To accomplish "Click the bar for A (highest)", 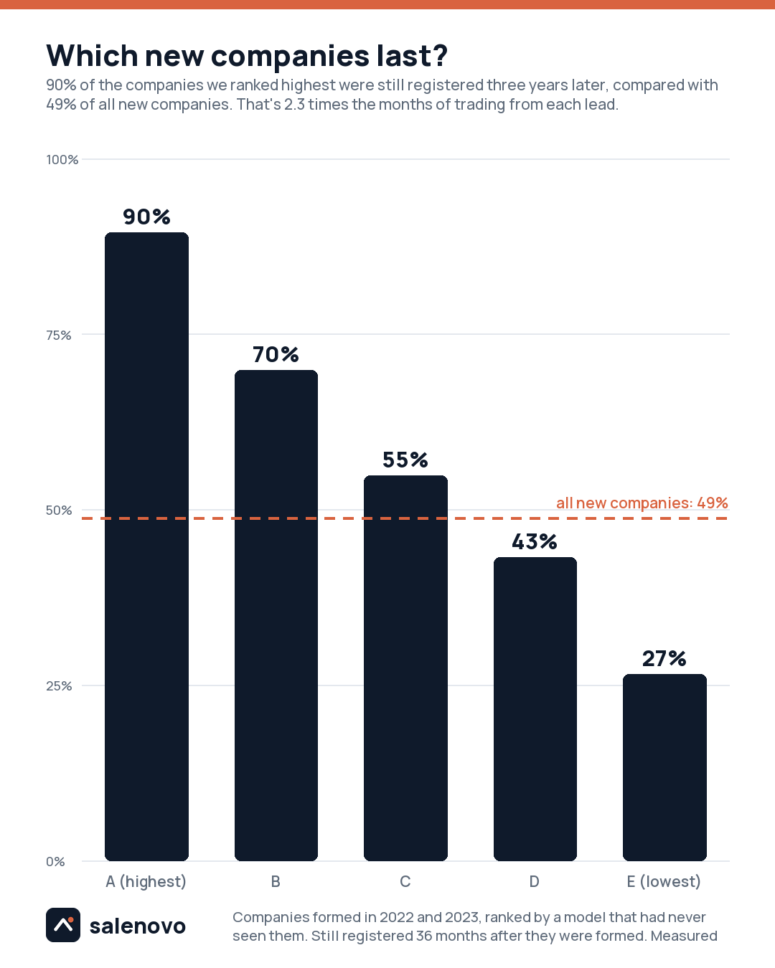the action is point(147,546).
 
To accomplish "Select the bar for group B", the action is point(276,615).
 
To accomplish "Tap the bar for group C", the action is point(405,668).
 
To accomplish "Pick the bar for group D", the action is point(535,709).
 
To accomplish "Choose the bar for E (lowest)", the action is point(664,767).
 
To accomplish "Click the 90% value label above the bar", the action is point(147,217).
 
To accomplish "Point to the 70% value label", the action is point(276,354).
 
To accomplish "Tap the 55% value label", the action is point(405,460).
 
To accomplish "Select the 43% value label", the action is point(535,541).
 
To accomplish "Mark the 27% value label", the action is point(664,658).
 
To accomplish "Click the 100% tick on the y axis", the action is point(62,160).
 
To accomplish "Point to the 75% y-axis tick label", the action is point(59,335).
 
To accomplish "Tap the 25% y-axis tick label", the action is point(59,686).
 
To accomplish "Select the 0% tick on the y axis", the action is point(55,861).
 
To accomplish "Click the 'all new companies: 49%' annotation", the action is point(642,503).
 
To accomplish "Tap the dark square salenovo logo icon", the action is point(63,925).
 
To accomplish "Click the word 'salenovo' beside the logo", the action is point(138,926).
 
